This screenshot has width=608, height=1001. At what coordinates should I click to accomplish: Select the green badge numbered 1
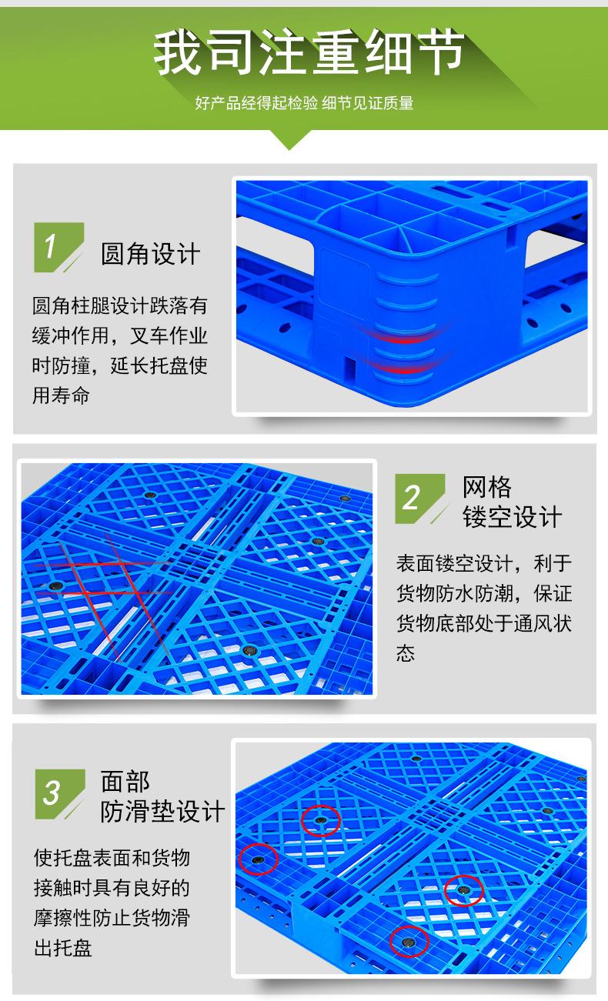[x=57, y=246]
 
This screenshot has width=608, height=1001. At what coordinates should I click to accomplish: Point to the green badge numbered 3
[x=58, y=793]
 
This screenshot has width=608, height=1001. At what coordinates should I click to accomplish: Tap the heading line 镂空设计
[x=513, y=517]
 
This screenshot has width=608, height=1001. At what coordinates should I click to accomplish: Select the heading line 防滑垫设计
[x=163, y=811]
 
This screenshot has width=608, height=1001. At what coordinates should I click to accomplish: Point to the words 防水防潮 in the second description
[x=484, y=593]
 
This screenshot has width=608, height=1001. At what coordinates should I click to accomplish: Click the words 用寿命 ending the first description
[x=62, y=395]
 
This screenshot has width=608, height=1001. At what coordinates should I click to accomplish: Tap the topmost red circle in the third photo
[x=320, y=820]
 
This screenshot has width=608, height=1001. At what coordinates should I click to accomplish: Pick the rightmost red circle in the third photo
[x=464, y=890]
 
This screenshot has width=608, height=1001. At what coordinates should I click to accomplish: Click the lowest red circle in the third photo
[x=409, y=940]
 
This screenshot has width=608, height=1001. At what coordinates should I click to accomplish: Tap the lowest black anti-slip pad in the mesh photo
[x=248, y=650]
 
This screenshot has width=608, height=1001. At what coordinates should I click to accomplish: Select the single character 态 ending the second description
[x=406, y=652]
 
